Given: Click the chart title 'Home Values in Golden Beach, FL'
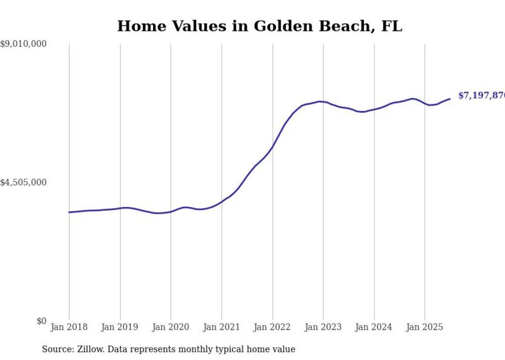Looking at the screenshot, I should (x=259, y=26).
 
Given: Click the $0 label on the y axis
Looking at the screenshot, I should (x=41, y=321).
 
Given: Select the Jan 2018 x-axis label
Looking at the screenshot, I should (x=69, y=327).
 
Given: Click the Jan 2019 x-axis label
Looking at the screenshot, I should (x=120, y=327).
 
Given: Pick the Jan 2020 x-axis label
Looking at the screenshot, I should (x=171, y=327).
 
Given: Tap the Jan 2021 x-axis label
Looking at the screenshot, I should (x=222, y=327).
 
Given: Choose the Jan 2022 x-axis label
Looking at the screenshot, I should (x=273, y=327).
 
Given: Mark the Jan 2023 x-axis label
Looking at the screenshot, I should (x=323, y=327).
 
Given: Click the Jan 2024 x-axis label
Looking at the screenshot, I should (x=374, y=327).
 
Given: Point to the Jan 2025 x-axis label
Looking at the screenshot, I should (x=425, y=327).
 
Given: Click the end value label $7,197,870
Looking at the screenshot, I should (x=481, y=96).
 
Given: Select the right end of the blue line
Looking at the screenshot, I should (x=450, y=99).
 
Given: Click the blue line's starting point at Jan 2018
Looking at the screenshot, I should (x=69, y=212).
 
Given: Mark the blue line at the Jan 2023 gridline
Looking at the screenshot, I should (x=323, y=101).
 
